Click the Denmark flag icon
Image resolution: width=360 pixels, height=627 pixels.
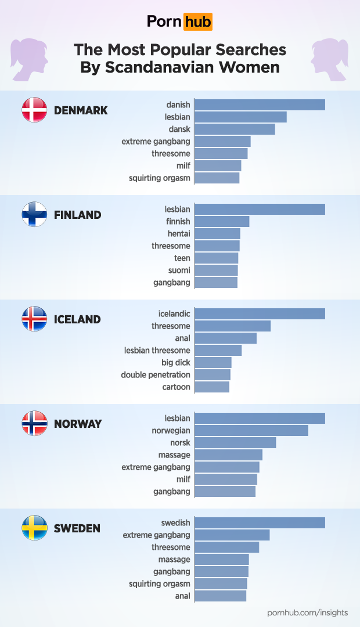tap(34, 110)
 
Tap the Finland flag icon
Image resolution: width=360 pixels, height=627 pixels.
tap(34, 214)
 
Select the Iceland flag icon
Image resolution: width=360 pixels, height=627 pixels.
tap(34, 319)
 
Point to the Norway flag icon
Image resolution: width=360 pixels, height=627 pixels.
tap(34, 423)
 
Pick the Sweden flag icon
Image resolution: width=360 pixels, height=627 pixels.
tap(34, 528)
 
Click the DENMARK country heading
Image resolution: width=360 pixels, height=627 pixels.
tap(81, 110)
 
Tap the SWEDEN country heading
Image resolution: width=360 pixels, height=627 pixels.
tap(77, 528)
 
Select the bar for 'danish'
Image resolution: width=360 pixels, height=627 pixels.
tap(260, 105)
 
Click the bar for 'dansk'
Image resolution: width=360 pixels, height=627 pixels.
tap(235, 129)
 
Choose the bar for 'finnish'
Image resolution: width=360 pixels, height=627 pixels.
tap(222, 222)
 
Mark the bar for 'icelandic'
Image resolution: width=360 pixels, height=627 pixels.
tap(260, 314)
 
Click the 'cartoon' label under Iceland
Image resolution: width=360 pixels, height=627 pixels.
tap(177, 387)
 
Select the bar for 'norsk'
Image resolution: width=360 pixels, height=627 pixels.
tap(235, 443)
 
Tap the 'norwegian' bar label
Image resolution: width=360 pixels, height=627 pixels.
tap(171, 431)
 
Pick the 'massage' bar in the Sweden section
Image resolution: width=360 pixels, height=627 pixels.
tap(222, 560)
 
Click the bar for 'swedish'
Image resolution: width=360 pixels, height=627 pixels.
tap(260, 523)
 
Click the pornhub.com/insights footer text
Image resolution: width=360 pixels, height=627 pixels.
tap(307, 612)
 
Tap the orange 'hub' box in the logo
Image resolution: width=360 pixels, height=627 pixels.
tap(198, 22)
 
